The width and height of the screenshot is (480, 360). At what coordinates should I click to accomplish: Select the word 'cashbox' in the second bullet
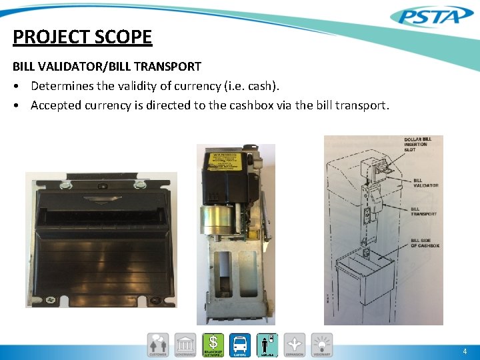[284, 105]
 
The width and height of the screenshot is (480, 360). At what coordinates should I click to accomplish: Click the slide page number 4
[464, 351]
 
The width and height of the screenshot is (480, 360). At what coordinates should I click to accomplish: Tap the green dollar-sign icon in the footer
[213, 345]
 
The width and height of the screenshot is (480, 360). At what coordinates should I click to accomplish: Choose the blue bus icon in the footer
[240, 345]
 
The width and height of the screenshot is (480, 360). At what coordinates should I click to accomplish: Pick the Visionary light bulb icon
[321, 345]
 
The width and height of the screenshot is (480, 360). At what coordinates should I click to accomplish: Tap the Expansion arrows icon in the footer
[294, 345]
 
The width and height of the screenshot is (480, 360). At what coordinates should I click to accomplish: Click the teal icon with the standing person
[267, 345]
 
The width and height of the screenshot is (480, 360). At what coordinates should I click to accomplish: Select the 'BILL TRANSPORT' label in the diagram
[425, 211]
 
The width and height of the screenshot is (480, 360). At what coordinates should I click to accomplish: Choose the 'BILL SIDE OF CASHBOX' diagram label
[425, 243]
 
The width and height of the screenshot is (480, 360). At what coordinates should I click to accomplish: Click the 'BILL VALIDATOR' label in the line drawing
[426, 182]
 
